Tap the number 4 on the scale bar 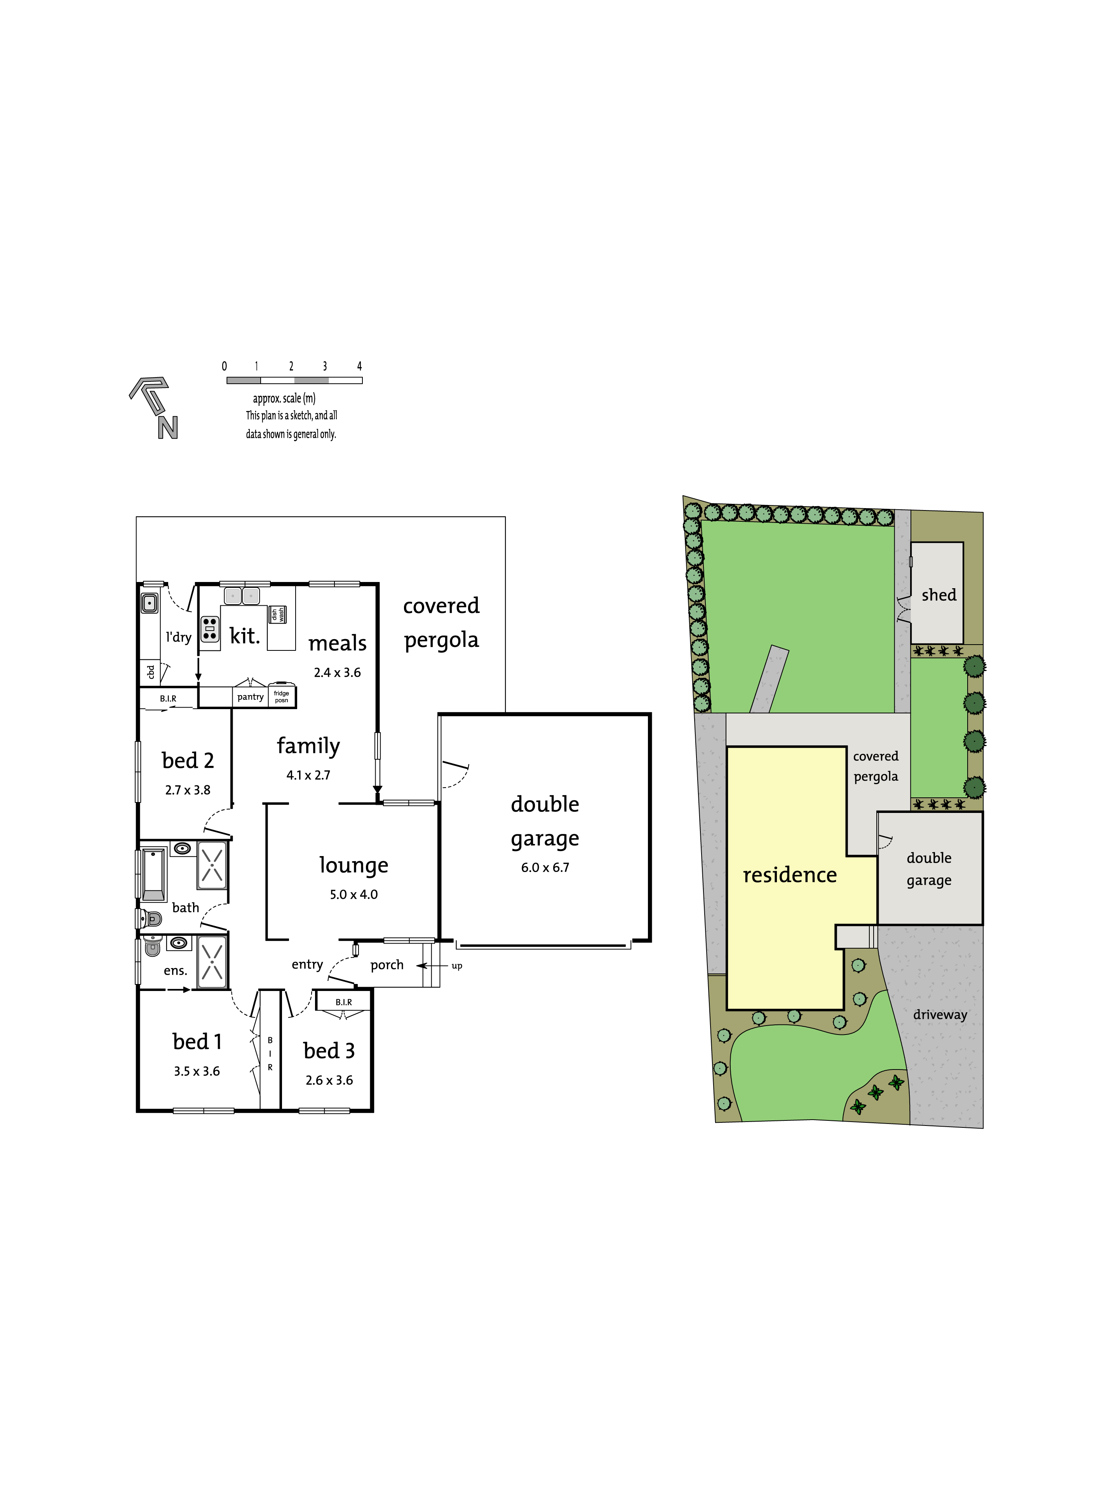point(359,366)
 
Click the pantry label point(250,697)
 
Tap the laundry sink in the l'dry point(149,603)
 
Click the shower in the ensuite point(212,961)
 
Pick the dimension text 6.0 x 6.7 point(545,868)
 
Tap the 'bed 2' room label point(188,761)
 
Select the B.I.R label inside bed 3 point(344,1002)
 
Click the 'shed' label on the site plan point(939,595)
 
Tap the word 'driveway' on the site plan point(940,1014)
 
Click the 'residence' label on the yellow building point(790,875)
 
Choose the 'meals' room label point(338,643)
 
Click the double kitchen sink point(242,596)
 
